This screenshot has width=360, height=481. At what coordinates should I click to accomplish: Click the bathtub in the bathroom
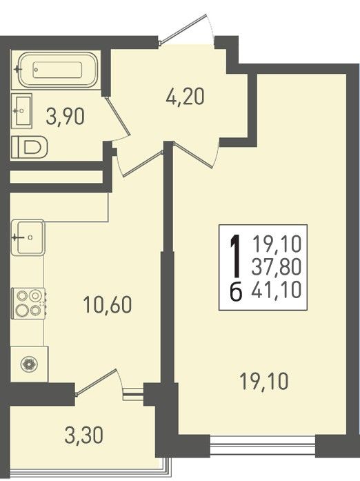click(58, 70)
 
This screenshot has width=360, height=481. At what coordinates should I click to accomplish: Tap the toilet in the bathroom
click(30, 147)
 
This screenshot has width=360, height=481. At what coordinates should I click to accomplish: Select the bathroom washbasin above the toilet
click(21, 110)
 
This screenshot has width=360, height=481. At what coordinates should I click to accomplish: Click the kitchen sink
click(28, 237)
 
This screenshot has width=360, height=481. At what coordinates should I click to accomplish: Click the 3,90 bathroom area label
click(65, 117)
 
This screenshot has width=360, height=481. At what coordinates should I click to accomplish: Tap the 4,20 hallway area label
click(185, 96)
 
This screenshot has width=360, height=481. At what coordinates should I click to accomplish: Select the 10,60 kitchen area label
click(108, 304)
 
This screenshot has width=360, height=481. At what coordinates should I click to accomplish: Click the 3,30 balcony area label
click(83, 435)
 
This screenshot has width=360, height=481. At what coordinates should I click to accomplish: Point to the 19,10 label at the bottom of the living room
click(264, 382)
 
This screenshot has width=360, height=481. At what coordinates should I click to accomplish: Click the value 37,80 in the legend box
click(277, 267)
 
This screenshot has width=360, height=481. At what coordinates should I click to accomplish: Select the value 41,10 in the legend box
click(277, 290)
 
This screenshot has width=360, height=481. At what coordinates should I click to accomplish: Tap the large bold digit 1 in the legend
click(236, 255)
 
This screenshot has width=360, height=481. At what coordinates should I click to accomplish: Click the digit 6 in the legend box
click(236, 291)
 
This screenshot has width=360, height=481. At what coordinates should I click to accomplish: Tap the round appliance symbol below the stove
click(29, 364)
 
